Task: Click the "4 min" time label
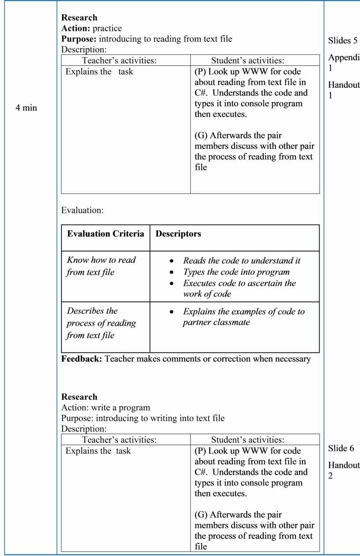(x=26, y=108)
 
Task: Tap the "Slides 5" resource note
(x=343, y=41)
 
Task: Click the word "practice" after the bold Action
(x=107, y=29)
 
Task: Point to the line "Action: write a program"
(x=105, y=407)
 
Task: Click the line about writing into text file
(x=142, y=418)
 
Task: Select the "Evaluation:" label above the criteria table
(x=82, y=210)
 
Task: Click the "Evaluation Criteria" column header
(x=105, y=234)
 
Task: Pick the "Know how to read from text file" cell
(x=101, y=266)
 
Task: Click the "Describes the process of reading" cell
(x=101, y=323)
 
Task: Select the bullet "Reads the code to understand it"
(x=242, y=261)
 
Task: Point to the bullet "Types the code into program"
(x=236, y=272)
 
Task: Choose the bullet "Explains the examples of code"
(x=244, y=312)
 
